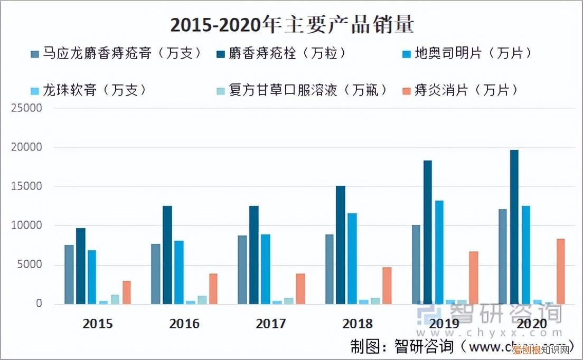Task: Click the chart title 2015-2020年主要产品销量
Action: click(x=291, y=24)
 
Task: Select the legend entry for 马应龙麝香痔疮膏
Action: click(x=116, y=53)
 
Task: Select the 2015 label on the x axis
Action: click(x=98, y=324)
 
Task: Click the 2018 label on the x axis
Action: click(x=358, y=324)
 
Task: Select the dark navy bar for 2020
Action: click(x=514, y=227)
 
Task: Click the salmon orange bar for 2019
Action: click(x=473, y=278)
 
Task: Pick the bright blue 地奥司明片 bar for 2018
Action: click(x=352, y=259)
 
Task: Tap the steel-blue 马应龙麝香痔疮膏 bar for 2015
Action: click(x=69, y=274)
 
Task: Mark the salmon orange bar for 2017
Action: click(x=300, y=289)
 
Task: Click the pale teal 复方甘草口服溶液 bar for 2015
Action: click(x=115, y=299)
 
